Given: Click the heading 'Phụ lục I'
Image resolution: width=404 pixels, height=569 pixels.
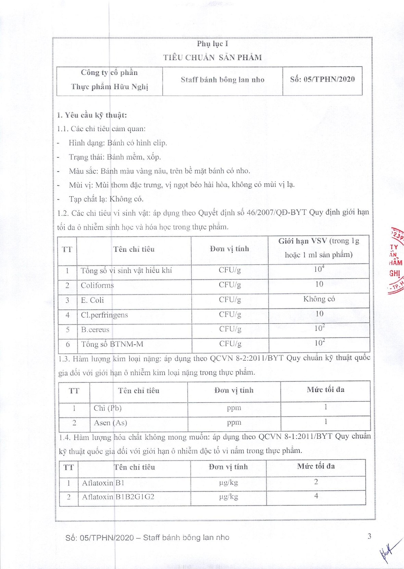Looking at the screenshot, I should click(212, 44).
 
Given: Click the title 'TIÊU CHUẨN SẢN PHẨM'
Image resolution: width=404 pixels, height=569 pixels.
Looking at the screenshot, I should click(212, 57).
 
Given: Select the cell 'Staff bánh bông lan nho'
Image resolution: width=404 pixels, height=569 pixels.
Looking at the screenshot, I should click(223, 80).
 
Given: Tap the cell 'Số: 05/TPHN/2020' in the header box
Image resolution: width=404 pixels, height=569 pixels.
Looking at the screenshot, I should click(322, 79).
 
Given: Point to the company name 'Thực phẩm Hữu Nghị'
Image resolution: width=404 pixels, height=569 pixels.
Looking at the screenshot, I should click(110, 87).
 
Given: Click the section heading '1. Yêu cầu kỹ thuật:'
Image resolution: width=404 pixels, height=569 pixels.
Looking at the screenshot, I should click(92, 115).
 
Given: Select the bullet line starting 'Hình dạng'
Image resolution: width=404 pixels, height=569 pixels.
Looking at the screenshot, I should click(118, 143).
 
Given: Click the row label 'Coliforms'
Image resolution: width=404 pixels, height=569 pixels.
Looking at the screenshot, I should click(97, 285).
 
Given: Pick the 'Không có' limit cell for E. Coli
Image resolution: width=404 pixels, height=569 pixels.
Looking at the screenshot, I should click(319, 299).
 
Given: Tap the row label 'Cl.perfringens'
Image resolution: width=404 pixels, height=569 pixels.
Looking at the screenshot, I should click(104, 315).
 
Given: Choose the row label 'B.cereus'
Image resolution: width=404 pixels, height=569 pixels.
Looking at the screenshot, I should click(95, 330).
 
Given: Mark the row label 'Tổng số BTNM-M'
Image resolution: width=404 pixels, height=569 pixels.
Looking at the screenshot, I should click(112, 344).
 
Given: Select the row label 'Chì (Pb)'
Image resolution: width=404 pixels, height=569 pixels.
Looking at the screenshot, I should click(108, 408).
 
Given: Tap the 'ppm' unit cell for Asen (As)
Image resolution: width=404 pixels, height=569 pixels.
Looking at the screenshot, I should click(234, 423).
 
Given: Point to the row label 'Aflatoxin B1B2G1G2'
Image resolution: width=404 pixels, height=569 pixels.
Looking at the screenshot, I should click(118, 497).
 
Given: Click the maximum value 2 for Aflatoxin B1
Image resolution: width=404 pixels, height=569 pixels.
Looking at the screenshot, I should click(316, 482).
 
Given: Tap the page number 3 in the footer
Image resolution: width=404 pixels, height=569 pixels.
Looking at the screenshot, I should click(369, 536).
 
